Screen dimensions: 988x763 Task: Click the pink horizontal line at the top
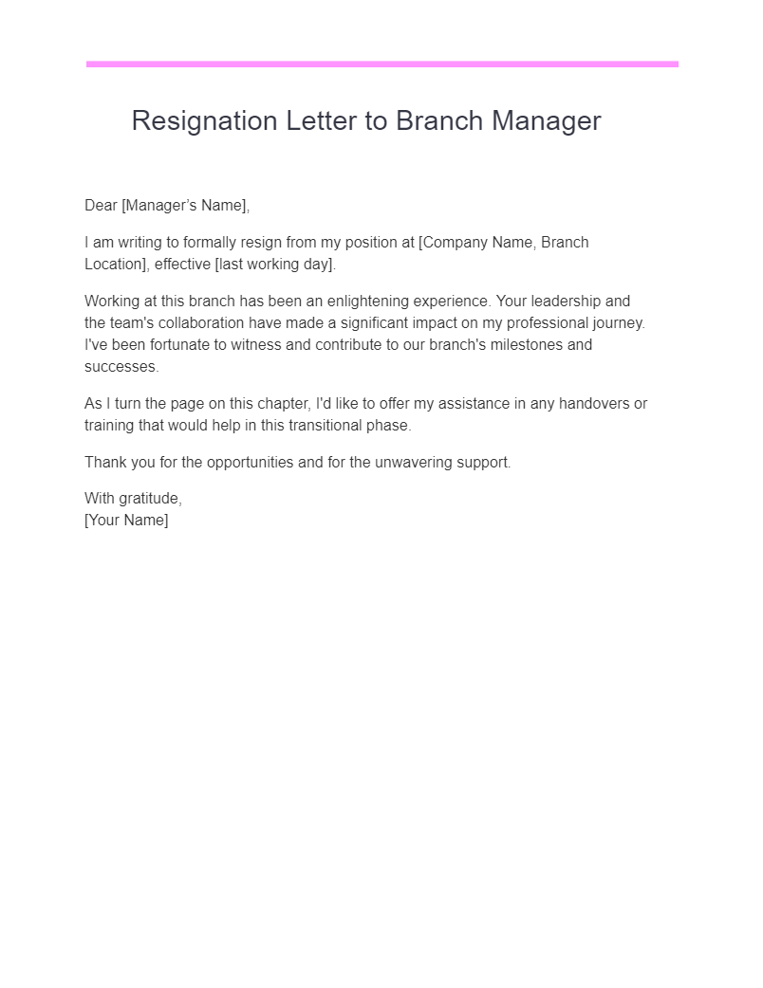[381, 64]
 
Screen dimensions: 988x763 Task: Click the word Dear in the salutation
[101, 206]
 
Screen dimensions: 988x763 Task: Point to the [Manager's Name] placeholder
[186, 206]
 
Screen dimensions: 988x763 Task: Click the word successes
[121, 367]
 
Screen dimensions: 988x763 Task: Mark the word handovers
[593, 404]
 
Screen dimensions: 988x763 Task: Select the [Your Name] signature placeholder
[126, 521]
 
